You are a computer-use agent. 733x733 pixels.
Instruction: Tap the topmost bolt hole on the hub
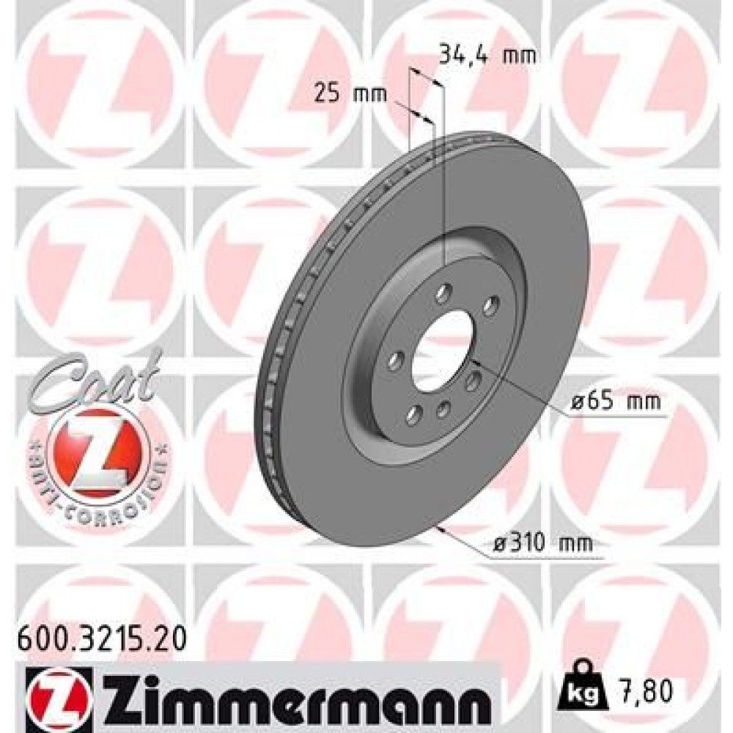(x=442, y=294)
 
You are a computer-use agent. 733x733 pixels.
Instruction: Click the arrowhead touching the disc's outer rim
(x=438, y=526)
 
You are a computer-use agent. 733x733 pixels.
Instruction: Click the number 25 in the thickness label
(x=325, y=93)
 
